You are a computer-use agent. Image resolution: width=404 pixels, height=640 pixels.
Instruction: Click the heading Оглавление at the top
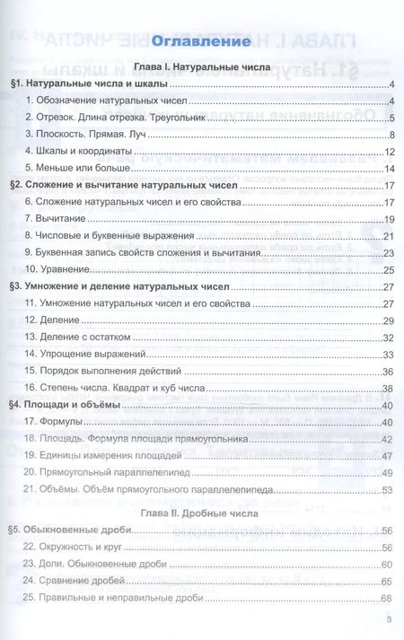201,42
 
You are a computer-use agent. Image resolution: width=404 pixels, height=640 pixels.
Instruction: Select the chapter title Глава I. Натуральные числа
201,67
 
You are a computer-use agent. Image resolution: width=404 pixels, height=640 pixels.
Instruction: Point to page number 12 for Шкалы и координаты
389,152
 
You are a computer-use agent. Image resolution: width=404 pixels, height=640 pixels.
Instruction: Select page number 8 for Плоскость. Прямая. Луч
391,135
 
